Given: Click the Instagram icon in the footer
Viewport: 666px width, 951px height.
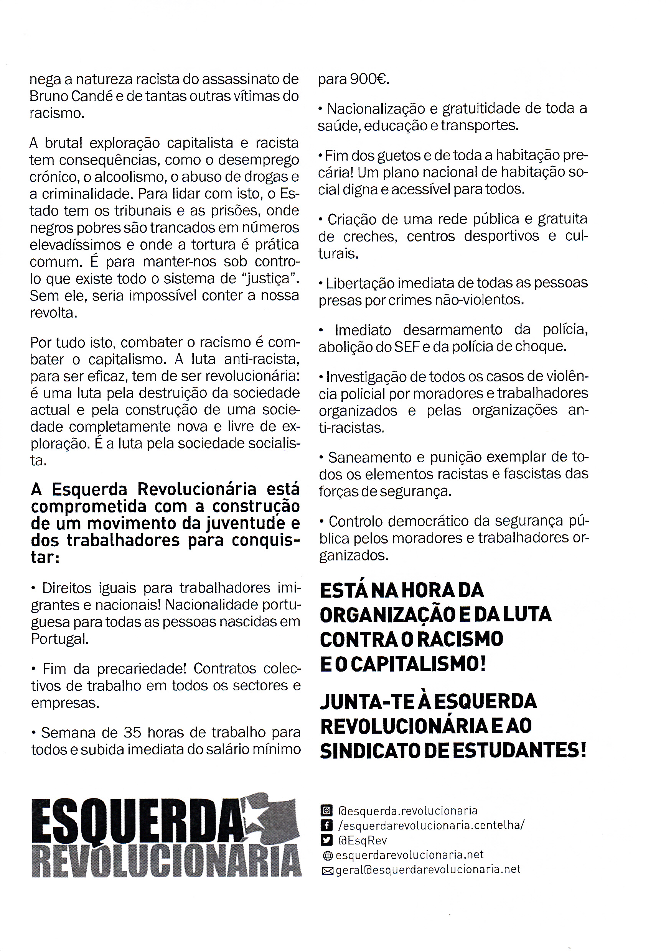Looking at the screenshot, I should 326,811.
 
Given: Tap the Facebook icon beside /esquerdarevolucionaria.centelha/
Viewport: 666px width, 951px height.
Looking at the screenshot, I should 326,825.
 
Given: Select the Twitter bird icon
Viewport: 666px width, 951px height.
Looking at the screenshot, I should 326,840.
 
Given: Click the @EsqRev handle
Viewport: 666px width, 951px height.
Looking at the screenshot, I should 362,840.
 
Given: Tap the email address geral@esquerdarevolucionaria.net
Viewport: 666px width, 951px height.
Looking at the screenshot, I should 428,869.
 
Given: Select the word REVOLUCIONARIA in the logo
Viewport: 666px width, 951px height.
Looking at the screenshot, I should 166,862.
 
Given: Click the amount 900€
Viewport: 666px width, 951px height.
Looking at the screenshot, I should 369,79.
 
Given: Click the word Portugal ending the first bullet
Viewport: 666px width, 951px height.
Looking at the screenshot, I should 60,639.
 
